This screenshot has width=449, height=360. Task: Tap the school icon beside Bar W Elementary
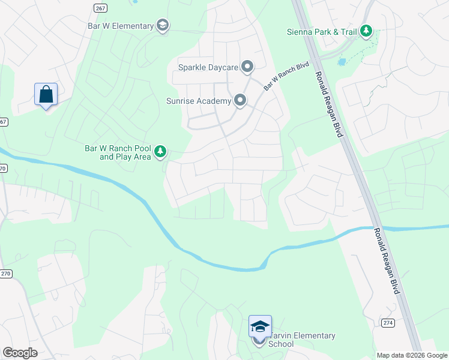coord(162,25)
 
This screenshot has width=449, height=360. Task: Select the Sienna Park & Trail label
coord(322,31)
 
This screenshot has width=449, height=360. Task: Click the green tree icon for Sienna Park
coord(366,31)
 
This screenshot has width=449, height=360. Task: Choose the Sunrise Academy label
coord(199,100)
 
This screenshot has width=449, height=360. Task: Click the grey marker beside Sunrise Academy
coord(240,100)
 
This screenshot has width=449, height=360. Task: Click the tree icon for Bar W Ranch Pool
coord(160,152)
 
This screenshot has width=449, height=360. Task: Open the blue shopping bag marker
coord(46,95)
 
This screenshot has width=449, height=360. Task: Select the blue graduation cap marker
coord(260,326)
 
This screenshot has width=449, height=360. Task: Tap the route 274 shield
coord(387,323)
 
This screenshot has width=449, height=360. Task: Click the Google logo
coord(20,353)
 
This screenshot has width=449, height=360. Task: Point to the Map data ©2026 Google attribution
coord(412,355)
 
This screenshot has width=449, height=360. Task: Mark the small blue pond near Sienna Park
coord(342,62)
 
